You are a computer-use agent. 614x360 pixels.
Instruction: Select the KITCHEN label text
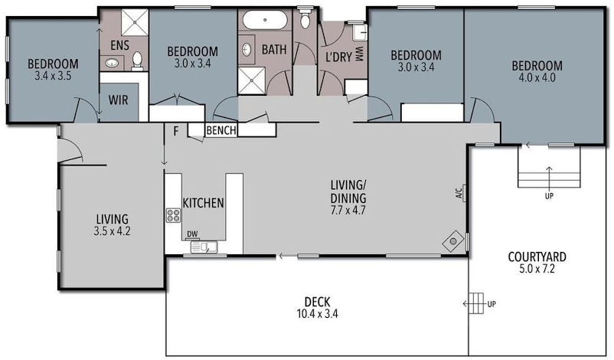203,203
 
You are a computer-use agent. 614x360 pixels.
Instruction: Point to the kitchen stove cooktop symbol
173,215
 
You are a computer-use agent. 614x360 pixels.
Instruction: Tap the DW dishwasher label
192,234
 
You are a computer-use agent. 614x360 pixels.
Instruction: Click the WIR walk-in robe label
119,100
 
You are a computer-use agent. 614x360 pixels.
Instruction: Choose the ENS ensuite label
119,44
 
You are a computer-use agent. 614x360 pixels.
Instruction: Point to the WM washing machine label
358,55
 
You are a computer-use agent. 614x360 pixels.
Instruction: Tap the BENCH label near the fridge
221,131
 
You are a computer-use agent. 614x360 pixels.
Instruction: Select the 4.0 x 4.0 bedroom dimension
537,77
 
